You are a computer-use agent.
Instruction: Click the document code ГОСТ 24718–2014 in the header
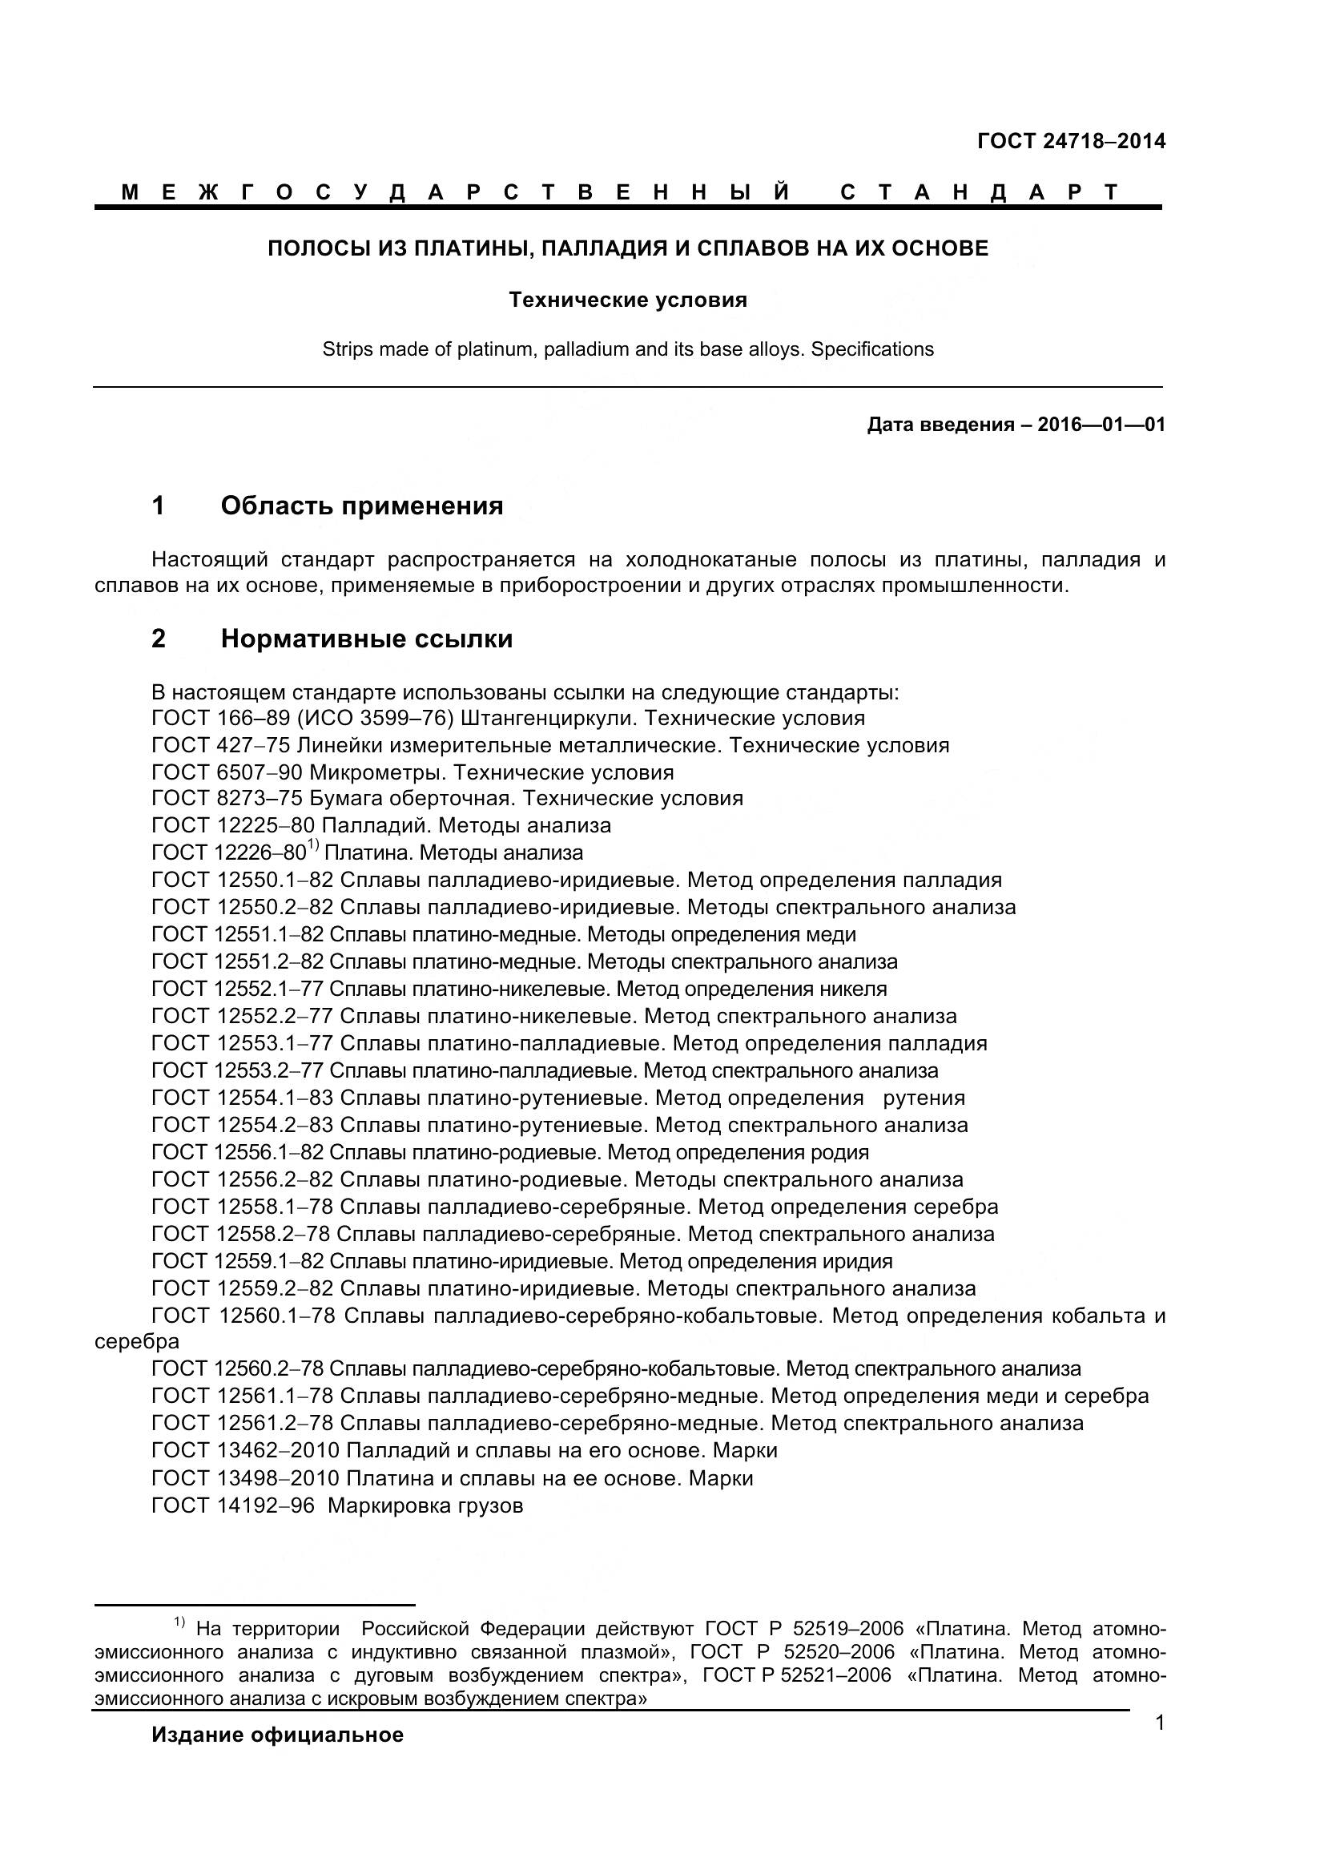(x=1070, y=141)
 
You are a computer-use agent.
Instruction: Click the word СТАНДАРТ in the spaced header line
(x=979, y=192)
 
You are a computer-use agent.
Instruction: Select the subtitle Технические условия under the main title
(x=627, y=300)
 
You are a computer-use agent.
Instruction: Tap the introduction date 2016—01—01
(x=1101, y=425)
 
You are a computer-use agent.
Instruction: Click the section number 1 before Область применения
(x=159, y=506)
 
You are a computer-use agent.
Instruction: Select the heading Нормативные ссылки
(x=366, y=639)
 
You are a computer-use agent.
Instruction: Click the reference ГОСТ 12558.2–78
(x=239, y=1233)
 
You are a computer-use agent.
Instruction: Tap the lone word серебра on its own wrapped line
(x=136, y=1341)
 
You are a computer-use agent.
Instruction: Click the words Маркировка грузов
(x=425, y=1505)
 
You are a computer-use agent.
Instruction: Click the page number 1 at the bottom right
(x=1159, y=1723)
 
